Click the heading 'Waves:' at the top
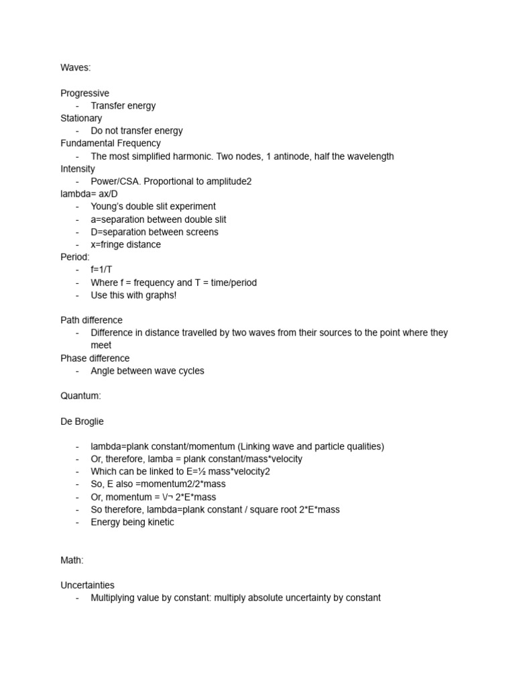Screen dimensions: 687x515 (75, 68)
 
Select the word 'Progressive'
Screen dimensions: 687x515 (84, 93)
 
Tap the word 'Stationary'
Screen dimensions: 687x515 (81, 118)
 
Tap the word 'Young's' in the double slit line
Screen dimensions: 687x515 (107, 207)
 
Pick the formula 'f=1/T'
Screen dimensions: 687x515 (102, 270)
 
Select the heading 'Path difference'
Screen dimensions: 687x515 (91, 320)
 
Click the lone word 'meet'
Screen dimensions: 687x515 (101, 346)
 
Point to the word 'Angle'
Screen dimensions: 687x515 (103, 371)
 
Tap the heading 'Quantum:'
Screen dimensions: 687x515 (80, 396)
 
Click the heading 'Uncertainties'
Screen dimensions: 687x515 (87, 585)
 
